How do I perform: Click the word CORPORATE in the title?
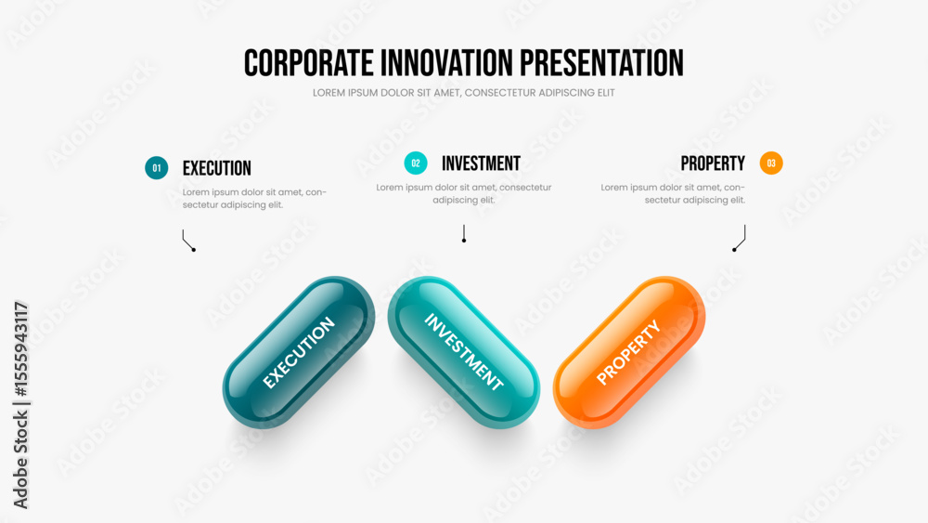coord(308,63)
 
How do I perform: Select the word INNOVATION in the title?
coord(446,63)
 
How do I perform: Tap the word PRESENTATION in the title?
coord(601,63)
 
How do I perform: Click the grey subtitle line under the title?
coord(463,93)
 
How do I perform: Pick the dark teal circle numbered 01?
coord(156,167)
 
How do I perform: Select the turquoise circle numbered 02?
coord(416,163)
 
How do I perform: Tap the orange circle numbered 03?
coord(771,163)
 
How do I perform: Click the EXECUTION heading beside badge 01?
coord(216,168)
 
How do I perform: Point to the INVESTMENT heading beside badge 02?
coord(481,163)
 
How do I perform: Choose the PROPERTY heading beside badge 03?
coord(713,163)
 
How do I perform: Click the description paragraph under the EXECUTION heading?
coord(254,199)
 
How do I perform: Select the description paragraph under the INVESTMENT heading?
coord(463,193)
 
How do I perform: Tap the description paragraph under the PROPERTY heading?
coord(673,193)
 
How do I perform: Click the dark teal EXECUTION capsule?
coord(299,352)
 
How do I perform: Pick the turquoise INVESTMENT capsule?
coord(463,352)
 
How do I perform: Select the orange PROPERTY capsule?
coord(629,352)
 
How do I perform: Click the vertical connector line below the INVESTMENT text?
coord(464,233)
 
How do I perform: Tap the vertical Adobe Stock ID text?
coord(20,405)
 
